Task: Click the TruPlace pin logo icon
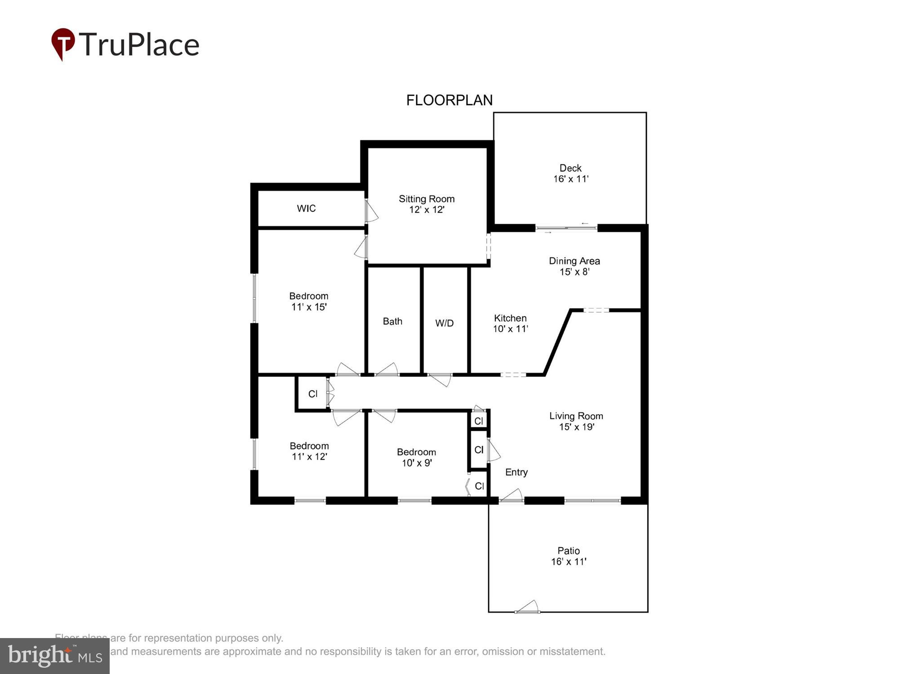point(62,44)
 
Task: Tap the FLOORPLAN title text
point(449,100)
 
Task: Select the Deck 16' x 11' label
point(570,173)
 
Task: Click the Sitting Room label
point(427,204)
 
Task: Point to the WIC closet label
point(306,208)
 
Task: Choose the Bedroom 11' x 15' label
point(309,302)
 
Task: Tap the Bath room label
point(392,322)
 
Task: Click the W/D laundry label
point(444,323)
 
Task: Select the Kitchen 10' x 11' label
point(510,324)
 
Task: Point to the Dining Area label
point(574,266)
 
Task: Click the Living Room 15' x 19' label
point(576,421)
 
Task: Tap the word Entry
point(516,472)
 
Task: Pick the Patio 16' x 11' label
point(569,556)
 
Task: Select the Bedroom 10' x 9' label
point(417,457)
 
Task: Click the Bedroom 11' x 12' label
point(309,451)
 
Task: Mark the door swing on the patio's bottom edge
point(528,607)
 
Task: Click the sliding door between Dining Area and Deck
point(566,228)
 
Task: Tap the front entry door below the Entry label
point(512,496)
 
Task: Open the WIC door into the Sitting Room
point(370,211)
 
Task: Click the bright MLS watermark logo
point(55,656)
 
